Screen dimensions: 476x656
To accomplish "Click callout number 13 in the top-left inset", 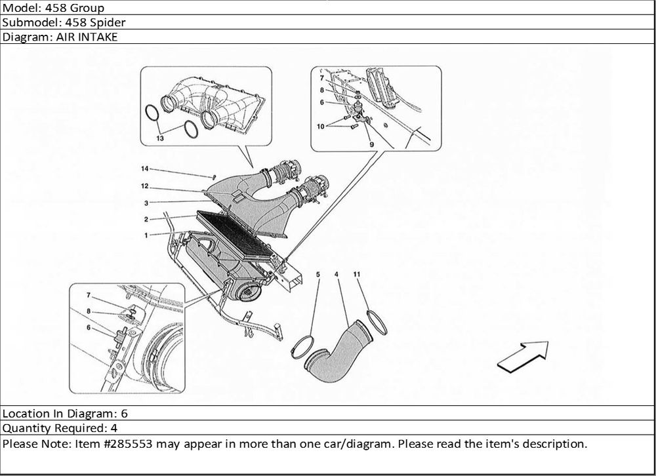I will pyautogui.click(x=160, y=139).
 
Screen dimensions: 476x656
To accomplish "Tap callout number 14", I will pyautogui.click(x=144, y=169).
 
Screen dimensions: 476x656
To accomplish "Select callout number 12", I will pyautogui.click(x=145, y=186).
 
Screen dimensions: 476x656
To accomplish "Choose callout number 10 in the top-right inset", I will pyautogui.click(x=321, y=126).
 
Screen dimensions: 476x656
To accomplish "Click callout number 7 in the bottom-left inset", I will pyautogui.click(x=88, y=295).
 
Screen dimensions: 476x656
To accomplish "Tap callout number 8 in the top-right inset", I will pyautogui.click(x=322, y=90).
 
